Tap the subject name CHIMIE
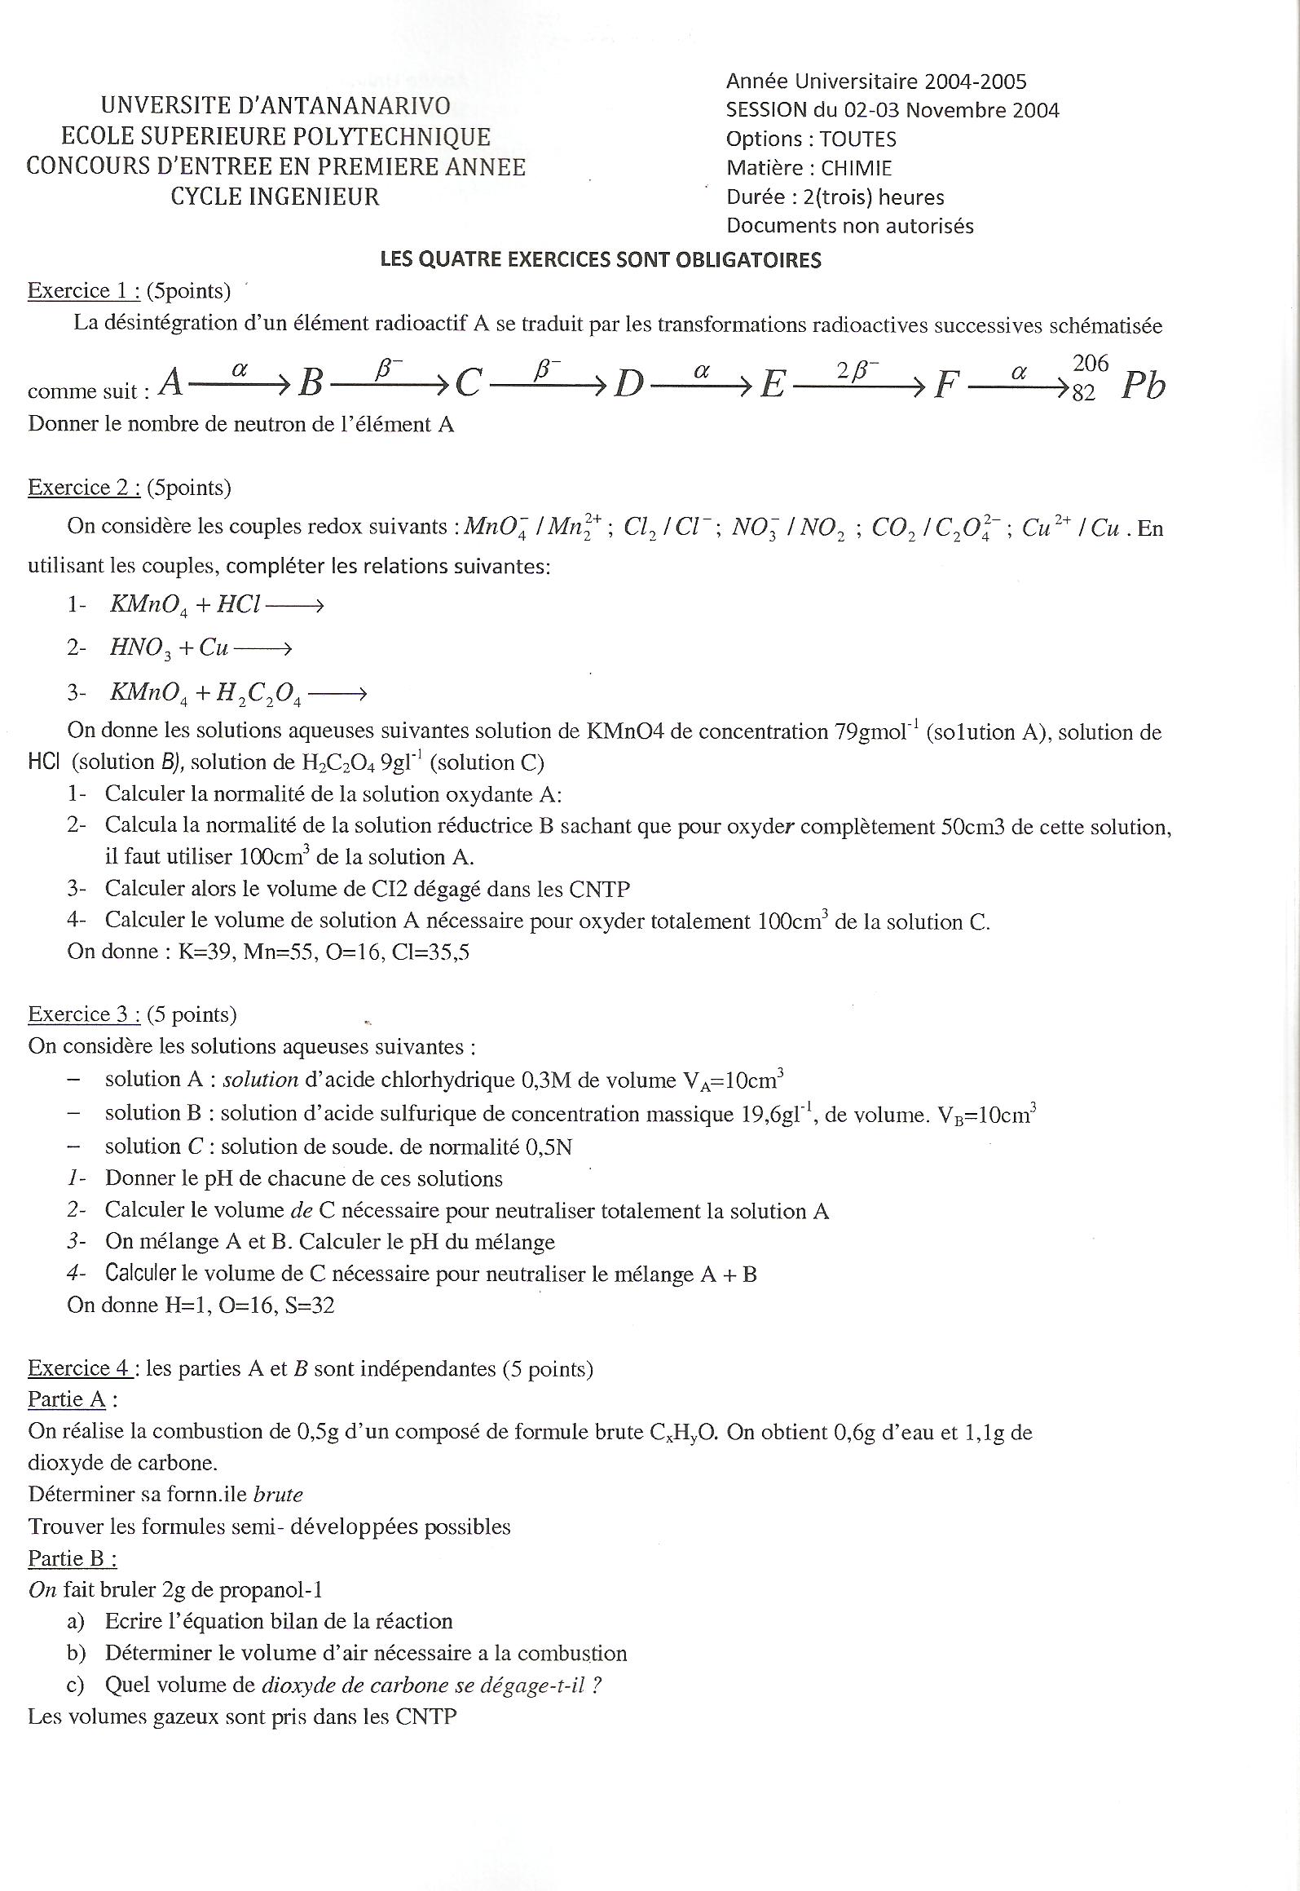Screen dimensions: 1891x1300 tap(856, 168)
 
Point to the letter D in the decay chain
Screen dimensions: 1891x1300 tap(628, 383)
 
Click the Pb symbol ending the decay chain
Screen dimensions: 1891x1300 tap(1143, 386)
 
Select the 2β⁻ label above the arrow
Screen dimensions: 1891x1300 tap(857, 371)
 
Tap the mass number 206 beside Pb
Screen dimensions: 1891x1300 tap(1091, 364)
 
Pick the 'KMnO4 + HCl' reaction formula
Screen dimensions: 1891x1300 tap(185, 605)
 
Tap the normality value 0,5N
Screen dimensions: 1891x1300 tap(549, 1147)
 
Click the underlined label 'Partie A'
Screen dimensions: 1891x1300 tap(67, 1399)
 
